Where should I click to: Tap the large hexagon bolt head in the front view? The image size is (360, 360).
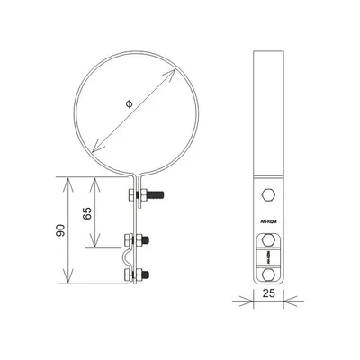269,195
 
